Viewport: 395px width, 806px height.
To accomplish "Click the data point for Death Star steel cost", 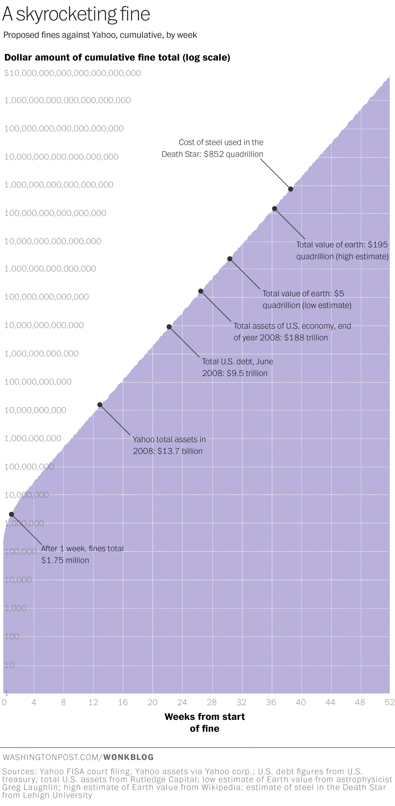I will coord(291,189).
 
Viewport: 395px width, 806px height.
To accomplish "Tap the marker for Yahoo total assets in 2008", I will coord(100,405).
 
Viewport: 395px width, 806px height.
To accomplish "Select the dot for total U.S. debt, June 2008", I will coord(169,327).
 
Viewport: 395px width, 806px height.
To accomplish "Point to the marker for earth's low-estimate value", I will coord(230,259).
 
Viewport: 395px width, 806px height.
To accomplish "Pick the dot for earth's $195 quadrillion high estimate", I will coord(274,208).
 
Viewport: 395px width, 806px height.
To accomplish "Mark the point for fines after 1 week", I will coord(11,514).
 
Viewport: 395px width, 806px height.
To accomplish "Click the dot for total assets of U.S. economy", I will coord(201,291).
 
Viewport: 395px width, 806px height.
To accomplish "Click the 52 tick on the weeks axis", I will coord(389,702).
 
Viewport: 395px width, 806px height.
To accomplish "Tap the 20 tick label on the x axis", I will coord(153,702).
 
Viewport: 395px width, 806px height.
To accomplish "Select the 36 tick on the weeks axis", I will coord(271,702).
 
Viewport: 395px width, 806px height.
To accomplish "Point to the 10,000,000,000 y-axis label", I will coord(35,410).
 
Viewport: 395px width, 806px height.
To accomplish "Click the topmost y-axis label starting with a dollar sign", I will coord(72,73).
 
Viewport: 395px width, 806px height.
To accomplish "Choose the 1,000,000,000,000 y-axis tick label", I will coord(42,354).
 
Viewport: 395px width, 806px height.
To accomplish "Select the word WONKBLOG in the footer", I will coord(129,757).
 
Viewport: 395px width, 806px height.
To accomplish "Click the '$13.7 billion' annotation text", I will coord(180,451).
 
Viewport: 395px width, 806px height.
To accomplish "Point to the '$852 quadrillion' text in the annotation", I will coord(233,154).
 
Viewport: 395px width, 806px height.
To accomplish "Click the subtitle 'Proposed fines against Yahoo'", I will coord(100,35).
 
